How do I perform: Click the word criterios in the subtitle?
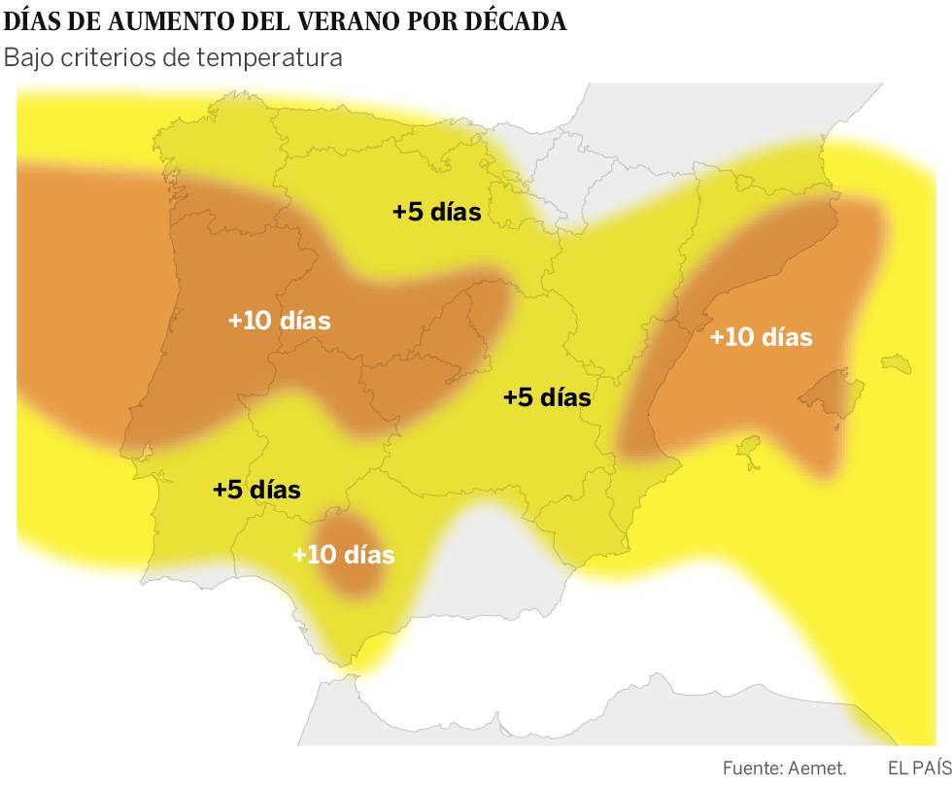coord(112,57)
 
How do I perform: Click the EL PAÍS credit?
coord(919,768)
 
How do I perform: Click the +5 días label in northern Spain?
coord(437,211)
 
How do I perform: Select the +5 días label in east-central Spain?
coord(547,396)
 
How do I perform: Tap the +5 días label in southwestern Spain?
coord(256,490)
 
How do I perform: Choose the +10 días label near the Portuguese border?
coord(280,320)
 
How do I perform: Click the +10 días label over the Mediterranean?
coord(761,337)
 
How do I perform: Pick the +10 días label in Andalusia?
coord(344,555)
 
